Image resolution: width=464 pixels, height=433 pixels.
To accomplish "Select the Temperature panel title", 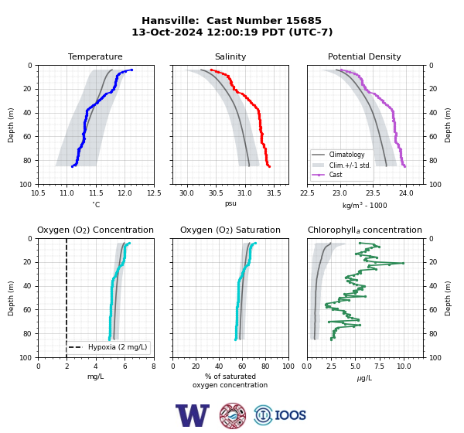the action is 95,56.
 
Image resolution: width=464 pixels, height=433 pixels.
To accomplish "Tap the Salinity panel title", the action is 230,56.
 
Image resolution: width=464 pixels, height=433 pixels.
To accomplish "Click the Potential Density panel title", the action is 364,56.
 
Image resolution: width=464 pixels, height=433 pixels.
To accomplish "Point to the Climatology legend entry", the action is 346,155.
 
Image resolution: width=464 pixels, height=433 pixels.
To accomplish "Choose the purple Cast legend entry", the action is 336,175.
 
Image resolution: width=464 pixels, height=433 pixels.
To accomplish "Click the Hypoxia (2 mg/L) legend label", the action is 118,347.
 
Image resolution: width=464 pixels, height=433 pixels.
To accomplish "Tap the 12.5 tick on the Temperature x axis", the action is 154,193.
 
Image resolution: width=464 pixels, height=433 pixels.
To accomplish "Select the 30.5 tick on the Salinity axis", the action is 216,193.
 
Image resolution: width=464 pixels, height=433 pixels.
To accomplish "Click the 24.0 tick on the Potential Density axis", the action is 406,193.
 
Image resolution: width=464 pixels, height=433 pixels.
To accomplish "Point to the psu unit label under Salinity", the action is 230,203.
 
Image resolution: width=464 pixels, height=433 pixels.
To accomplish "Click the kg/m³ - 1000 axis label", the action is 364,205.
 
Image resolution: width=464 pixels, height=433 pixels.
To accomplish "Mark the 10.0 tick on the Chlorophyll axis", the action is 404,367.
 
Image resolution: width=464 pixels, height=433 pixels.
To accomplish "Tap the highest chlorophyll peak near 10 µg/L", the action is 403,263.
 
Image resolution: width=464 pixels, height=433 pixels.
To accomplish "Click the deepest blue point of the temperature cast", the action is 72,167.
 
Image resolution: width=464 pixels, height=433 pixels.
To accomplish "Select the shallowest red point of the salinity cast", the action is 211,70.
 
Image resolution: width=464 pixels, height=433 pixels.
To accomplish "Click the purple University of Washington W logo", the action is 193,415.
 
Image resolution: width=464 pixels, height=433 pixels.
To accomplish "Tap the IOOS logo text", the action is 290,415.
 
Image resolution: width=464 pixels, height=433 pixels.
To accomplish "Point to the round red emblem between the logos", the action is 233,415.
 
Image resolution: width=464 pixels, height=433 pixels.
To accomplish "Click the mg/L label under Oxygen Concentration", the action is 95,377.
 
